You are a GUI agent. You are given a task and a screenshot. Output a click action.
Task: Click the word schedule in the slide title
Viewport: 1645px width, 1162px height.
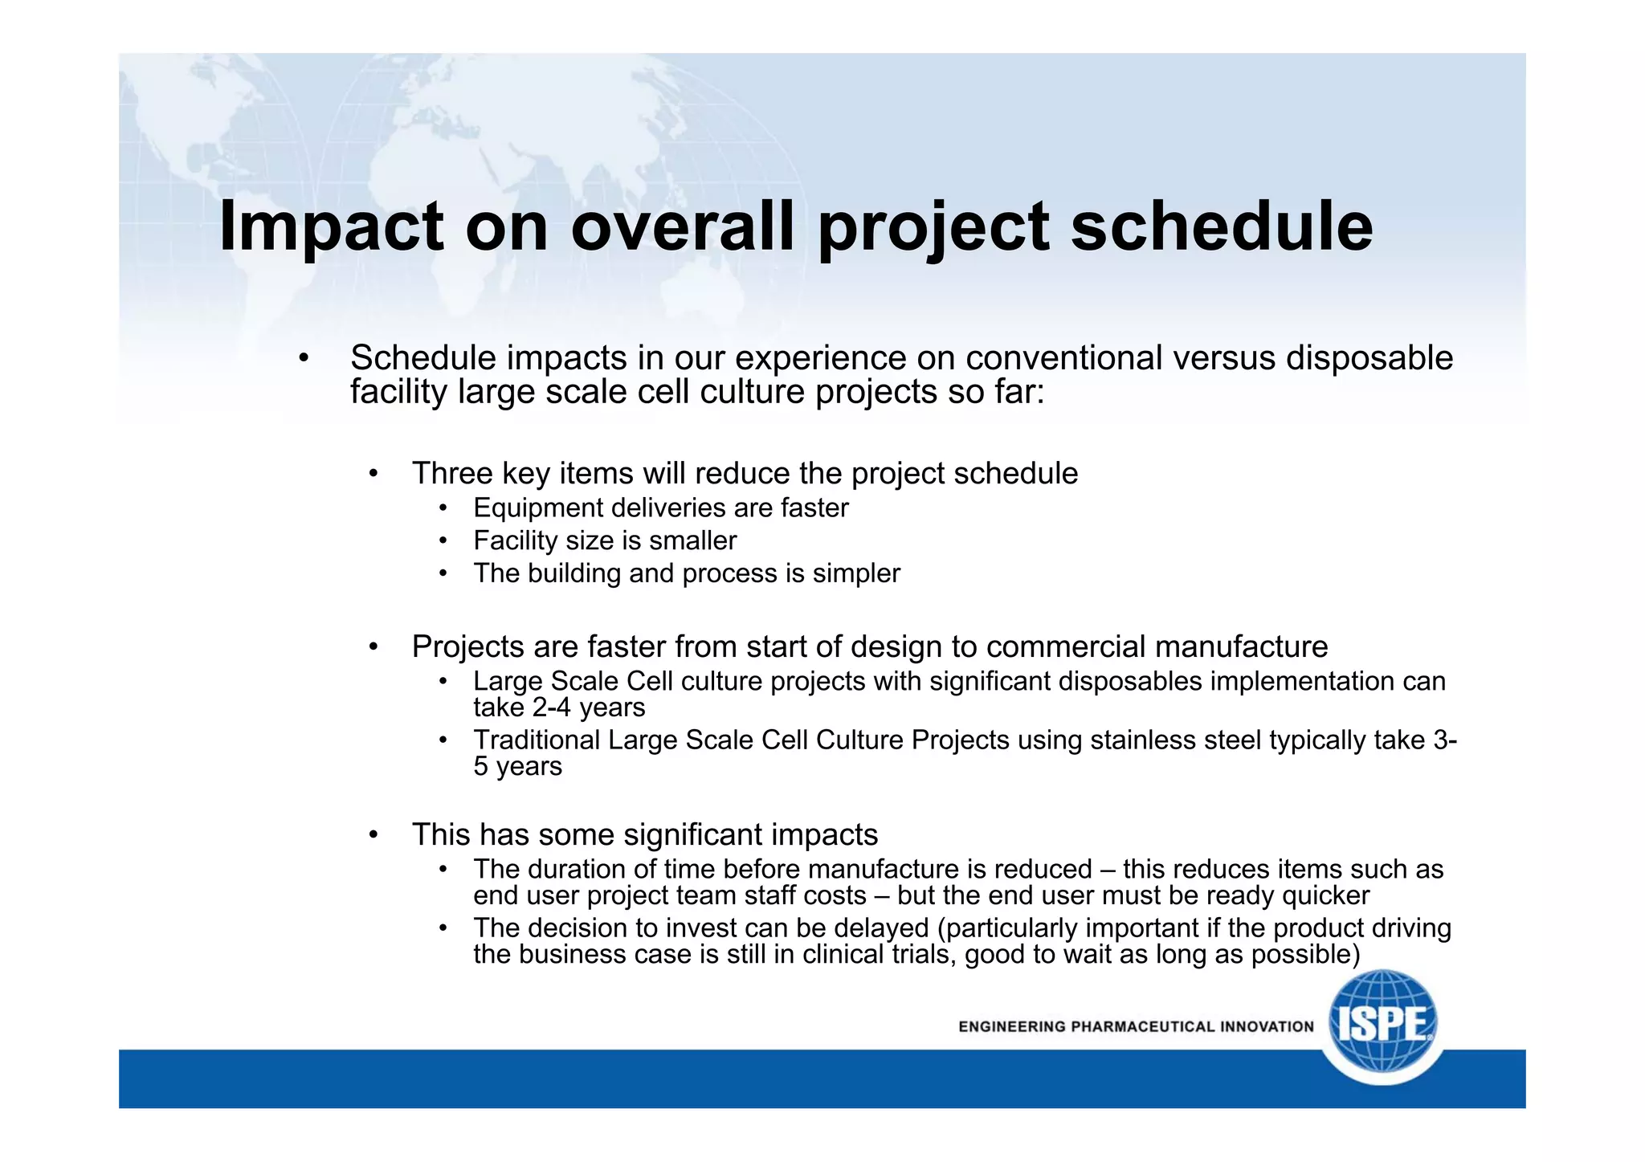click(x=1222, y=228)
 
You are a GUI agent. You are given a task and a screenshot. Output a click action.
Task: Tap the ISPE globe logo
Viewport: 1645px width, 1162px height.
click(x=1382, y=1025)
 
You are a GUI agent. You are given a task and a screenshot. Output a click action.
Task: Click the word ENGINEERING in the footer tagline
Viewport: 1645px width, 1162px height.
click(x=1012, y=1026)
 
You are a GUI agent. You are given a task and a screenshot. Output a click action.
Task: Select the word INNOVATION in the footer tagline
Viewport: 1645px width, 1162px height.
click(x=1267, y=1026)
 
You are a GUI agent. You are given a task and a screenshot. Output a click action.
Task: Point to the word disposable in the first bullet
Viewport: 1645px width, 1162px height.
click(x=1369, y=358)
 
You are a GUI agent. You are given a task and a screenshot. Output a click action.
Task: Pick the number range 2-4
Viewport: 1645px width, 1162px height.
click(x=551, y=708)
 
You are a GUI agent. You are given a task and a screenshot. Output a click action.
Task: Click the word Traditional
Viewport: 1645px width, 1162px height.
click(x=537, y=740)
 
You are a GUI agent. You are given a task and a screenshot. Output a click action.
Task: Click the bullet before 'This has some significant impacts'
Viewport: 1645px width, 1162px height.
click(x=373, y=836)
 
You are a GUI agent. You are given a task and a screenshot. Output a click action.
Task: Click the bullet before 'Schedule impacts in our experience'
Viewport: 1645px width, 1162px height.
click(x=303, y=360)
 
